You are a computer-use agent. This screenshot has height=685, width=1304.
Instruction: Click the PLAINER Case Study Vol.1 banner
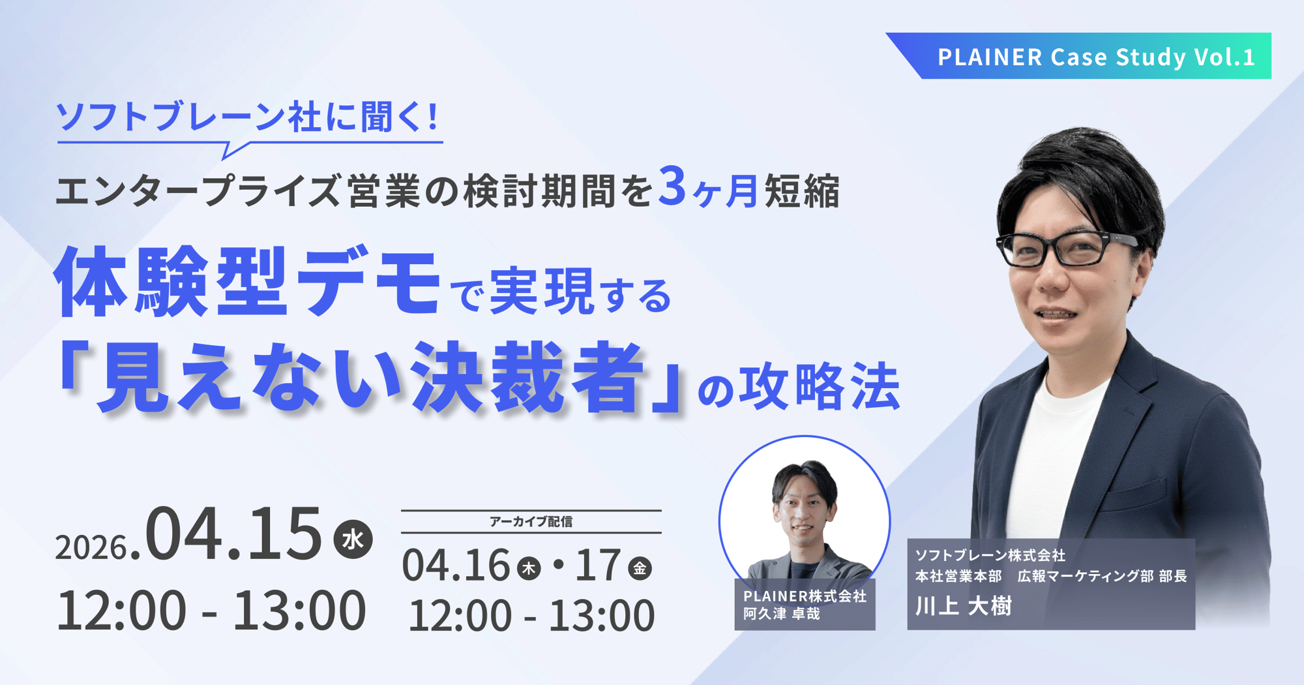(x=1095, y=57)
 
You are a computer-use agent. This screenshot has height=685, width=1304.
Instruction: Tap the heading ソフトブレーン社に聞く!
(x=248, y=118)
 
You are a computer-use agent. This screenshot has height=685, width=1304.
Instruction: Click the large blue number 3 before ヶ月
(x=672, y=187)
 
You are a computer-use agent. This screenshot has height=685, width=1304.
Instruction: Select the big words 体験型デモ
(x=248, y=282)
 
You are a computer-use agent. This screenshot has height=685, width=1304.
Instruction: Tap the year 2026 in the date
(x=91, y=547)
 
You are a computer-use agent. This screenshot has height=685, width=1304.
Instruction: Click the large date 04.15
(x=233, y=534)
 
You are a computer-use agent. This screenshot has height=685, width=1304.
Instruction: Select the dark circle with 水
(x=353, y=540)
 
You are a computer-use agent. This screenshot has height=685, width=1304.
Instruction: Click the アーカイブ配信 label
(x=531, y=522)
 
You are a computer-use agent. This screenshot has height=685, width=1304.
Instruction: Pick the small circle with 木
(x=529, y=569)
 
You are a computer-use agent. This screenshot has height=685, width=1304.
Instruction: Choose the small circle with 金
(x=640, y=569)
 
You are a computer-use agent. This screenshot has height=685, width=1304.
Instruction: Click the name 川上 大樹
(x=963, y=607)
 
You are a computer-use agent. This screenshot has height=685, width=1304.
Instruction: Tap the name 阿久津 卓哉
(x=782, y=614)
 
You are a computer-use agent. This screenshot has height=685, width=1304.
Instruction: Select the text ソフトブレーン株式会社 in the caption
(x=990, y=555)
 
